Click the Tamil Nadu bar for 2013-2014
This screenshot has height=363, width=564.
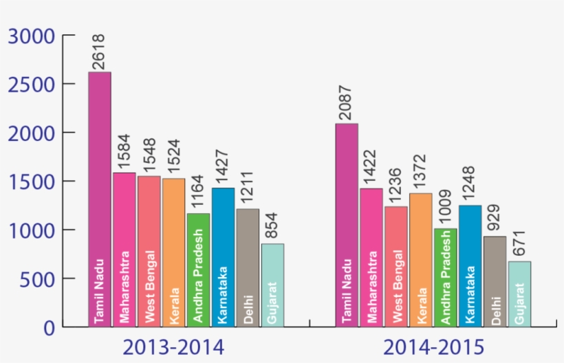click(100, 199)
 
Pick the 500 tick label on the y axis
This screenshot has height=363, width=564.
click(36, 279)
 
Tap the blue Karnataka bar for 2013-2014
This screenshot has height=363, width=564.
click(223, 257)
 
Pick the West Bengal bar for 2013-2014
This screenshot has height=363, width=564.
click(149, 251)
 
